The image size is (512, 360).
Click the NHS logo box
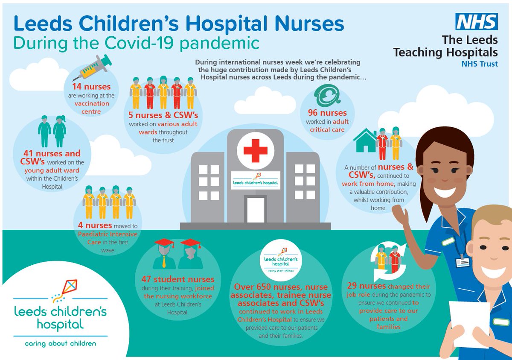point(476,21)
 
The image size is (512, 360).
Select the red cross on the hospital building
point(255,150)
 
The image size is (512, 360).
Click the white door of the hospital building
point(256,210)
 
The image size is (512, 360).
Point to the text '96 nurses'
point(327,113)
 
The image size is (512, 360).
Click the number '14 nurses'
point(91,87)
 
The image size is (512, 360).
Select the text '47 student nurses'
point(178,280)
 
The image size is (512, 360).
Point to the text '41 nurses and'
point(52,153)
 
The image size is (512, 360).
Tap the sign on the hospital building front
point(255,181)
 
